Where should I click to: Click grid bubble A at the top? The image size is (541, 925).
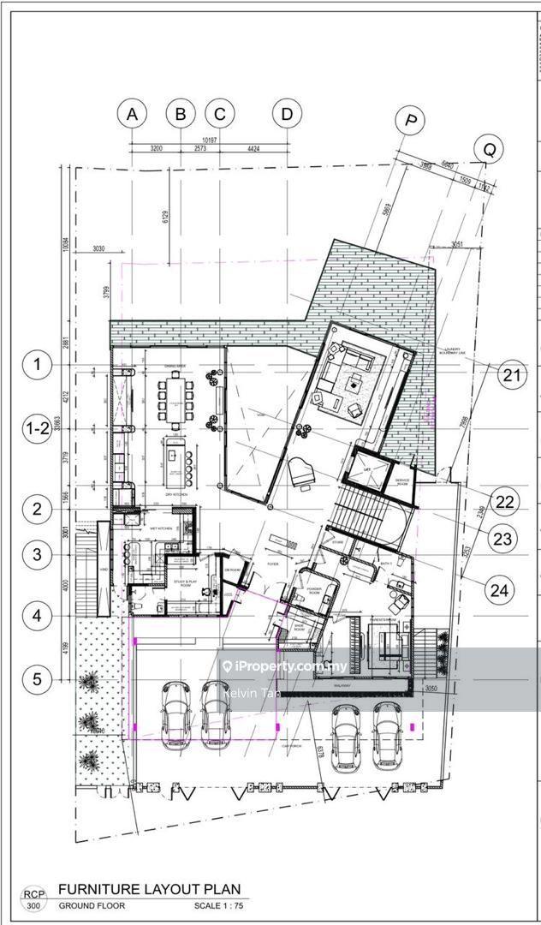click(x=131, y=113)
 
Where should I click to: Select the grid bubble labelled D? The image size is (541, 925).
click(x=287, y=113)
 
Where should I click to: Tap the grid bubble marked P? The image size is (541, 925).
click(x=411, y=122)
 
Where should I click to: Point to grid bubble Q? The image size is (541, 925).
click(x=489, y=150)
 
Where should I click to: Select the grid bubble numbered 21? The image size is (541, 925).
click(x=512, y=374)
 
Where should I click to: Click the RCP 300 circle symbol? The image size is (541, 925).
click(x=33, y=898)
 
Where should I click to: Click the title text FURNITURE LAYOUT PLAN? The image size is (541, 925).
click(x=149, y=889)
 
